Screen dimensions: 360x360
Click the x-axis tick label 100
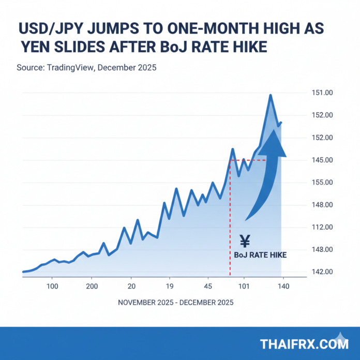(x=52, y=286)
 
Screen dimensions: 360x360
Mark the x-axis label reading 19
(x=169, y=286)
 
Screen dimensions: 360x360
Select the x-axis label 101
(x=244, y=286)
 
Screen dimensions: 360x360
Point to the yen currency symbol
(x=245, y=241)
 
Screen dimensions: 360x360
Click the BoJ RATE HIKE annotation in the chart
(x=260, y=255)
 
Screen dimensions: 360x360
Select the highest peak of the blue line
(x=270, y=95)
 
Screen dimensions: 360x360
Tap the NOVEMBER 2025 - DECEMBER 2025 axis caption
(x=175, y=303)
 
